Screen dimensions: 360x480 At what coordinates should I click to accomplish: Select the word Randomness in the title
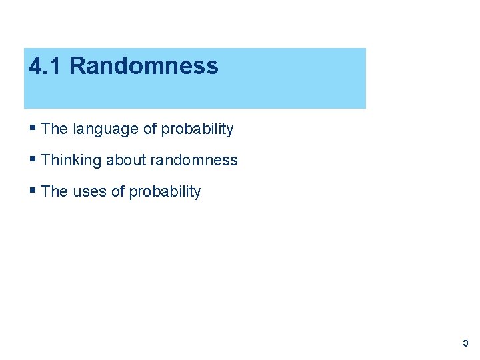(x=143, y=66)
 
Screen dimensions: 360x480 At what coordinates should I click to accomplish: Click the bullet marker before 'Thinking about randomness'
(x=33, y=159)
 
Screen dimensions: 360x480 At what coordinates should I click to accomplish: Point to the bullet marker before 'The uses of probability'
(x=33, y=191)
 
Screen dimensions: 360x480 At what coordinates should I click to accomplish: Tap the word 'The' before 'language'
(x=55, y=129)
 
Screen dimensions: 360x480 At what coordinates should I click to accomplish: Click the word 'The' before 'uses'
(x=55, y=191)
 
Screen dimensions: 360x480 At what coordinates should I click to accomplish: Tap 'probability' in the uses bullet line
(x=165, y=192)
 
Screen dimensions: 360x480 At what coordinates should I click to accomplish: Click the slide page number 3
(x=465, y=343)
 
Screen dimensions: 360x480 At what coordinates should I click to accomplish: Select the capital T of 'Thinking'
(x=45, y=160)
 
